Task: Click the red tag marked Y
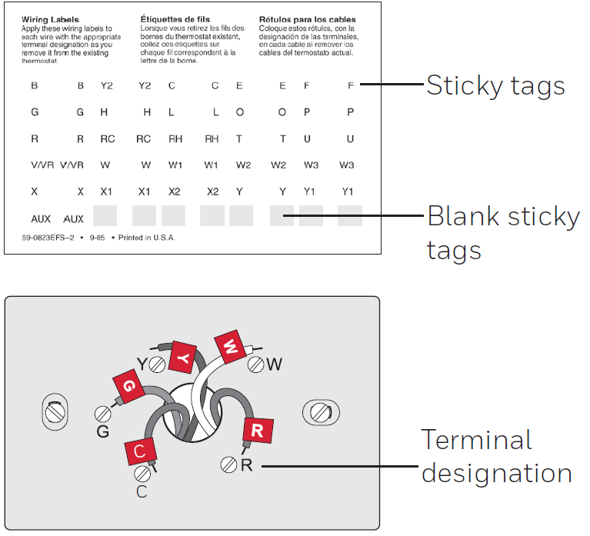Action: [183, 357]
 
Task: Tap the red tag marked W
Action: [231, 346]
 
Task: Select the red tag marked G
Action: [128, 386]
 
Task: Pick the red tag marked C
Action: [140, 451]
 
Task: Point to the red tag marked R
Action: [258, 430]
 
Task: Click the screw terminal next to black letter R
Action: [228, 465]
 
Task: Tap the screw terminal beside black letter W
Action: [256, 364]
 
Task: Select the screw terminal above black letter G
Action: [103, 414]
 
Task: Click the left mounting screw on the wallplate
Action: [55, 412]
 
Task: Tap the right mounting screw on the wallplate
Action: [321, 413]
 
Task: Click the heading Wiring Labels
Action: [50, 19]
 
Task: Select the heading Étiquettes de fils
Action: [175, 19]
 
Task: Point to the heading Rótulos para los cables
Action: [307, 19]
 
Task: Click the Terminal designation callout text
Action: [496, 456]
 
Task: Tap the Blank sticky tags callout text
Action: [503, 232]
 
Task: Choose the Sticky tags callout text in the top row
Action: [495, 85]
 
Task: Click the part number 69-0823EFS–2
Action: [48, 238]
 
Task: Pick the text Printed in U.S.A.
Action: [146, 238]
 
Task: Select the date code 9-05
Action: [97, 238]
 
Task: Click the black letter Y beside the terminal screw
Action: [142, 364]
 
